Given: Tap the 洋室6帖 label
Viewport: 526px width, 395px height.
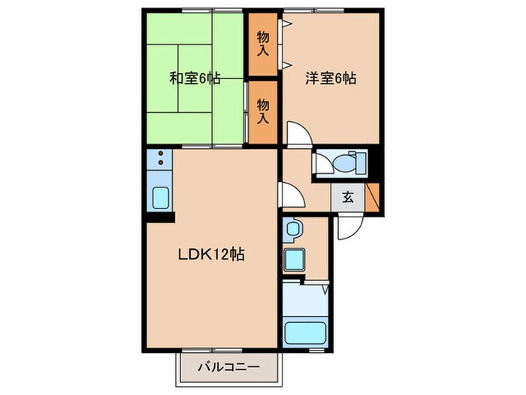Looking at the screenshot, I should (331, 77).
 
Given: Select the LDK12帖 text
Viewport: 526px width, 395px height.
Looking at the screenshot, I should (213, 254).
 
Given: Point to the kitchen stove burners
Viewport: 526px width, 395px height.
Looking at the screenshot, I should (161, 159).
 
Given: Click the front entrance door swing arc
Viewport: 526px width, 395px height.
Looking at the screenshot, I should (346, 227).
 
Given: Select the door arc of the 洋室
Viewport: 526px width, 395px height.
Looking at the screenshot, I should (298, 135).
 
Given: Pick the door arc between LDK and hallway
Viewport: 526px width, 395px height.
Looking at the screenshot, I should (291, 195).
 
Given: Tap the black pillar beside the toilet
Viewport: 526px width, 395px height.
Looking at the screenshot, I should (377, 162).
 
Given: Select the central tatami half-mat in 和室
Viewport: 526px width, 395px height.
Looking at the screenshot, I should (195, 77).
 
